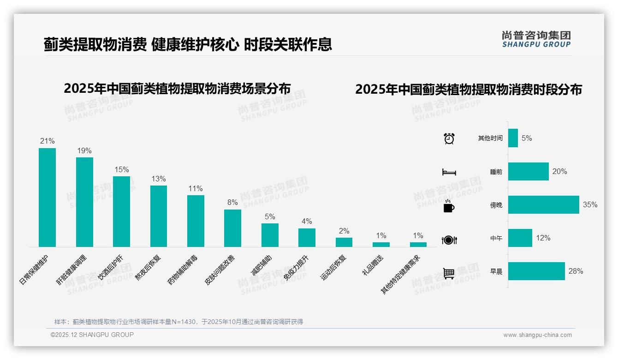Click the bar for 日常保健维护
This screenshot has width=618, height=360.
(x=47, y=198)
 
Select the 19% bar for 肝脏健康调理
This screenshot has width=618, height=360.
(x=84, y=202)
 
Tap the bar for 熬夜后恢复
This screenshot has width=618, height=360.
(x=159, y=216)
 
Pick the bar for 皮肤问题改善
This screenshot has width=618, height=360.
(x=232, y=228)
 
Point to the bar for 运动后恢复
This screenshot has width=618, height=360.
(x=344, y=242)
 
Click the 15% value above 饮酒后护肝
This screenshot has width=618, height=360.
(x=122, y=169)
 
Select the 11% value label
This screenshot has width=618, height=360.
(x=196, y=188)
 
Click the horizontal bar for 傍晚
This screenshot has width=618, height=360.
(x=543, y=204)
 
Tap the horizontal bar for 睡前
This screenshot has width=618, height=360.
(x=528, y=171)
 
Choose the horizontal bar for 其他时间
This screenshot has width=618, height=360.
(x=513, y=138)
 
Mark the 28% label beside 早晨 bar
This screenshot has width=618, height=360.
(x=576, y=271)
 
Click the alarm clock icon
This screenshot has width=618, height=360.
(x=449, y=138)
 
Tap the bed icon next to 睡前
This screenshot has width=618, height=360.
(x=449, y=172)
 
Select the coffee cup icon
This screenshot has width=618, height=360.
(x=449, y=206)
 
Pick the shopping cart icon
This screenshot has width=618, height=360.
(x=449, y=273)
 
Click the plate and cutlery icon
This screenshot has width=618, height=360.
(x=449, y=240)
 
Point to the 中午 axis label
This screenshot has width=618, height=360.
(x=496, y=239)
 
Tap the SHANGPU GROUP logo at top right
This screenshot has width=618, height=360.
(x=536, y=39)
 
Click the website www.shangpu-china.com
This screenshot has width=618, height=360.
(x=537, y=335)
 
